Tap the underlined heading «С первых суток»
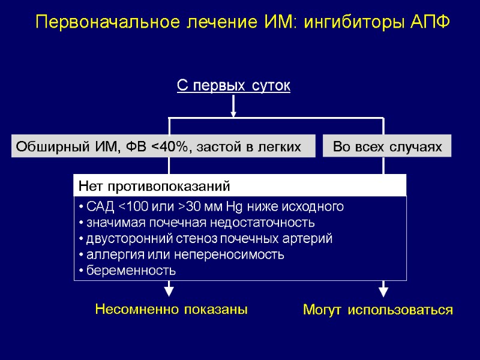point(233,86)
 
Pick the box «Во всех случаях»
point(387,146)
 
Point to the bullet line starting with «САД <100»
point(210,207)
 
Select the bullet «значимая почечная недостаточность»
point(195,223)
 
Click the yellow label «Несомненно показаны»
point(172,310)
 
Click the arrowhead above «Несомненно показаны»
point(169,290)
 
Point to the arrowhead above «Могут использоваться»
point(383,290)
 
